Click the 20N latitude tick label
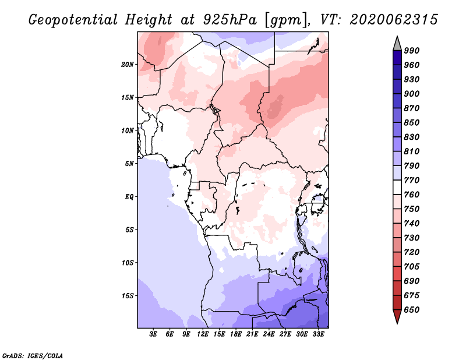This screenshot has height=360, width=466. click(x=127, y=65)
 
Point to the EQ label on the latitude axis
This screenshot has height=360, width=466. click(x=129, y=197)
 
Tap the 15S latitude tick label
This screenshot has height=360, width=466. click(x=127, y=296)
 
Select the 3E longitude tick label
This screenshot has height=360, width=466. click(x=153, y=334)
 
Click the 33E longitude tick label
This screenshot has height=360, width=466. click(x=318, y=334)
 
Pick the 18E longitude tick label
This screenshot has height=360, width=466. click(x=236, y=334)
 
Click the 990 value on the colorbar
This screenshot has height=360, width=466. click(x=411, y=51)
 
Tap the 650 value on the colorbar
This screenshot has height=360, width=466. click(x=411, y=310)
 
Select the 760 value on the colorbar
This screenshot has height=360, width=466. click(x=411, y=195)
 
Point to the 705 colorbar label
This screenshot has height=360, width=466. click(x=411, y=267)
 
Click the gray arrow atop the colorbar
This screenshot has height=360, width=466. click(x=397, y=44)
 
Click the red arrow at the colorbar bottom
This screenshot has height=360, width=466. click(x=397, y=316)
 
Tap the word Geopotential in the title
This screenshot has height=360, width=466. click(x=73, y=20)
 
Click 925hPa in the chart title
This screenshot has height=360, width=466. click(x=230, y=20)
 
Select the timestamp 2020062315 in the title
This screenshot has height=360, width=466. click(x=394, y=20)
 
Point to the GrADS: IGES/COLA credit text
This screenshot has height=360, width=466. click(x=33, y=356)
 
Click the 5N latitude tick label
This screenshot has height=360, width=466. click(x=129, y=164)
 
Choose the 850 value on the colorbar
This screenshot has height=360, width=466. click(x=411, y=122)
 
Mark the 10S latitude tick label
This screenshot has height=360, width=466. click(x=127, y=263)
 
